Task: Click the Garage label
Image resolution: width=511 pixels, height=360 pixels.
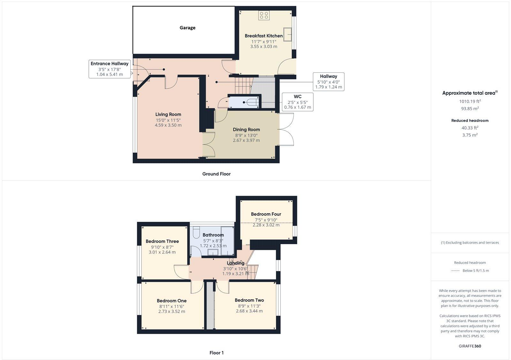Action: click(187, 28)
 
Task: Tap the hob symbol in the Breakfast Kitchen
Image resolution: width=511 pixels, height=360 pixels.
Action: click(264, 15)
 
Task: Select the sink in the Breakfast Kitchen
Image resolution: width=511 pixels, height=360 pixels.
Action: click(287, 34)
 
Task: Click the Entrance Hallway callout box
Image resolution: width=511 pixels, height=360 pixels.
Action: click(110, 69)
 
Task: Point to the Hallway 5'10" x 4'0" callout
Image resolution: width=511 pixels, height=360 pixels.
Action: click(329, 82)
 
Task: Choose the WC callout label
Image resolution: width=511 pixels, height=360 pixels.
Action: click(297, 102)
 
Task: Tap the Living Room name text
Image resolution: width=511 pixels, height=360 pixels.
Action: click(168, 115)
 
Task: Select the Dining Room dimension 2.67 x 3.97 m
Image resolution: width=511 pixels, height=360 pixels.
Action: click(246, 140)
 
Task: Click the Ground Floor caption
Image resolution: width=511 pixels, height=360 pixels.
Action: click(216, 174)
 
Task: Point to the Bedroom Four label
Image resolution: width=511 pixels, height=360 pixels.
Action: click(266, 214)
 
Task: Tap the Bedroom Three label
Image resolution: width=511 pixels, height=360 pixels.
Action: click(162, 241)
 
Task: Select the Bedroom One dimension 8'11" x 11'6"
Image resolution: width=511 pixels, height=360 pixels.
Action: click(172, 306)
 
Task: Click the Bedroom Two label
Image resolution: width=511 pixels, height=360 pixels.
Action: click(249, 300)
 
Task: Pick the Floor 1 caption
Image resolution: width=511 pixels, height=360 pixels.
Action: click(217, 353)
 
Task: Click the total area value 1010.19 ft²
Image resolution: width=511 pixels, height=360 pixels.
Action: click(470, 101)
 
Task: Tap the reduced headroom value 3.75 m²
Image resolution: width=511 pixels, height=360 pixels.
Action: click(470, 135)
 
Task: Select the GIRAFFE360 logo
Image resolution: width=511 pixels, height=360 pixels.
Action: click(470, 346)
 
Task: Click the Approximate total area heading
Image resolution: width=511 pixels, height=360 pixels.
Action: click(470, 93)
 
